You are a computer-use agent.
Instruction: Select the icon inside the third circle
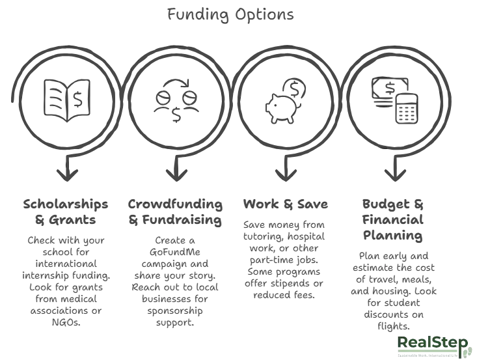point(280,99)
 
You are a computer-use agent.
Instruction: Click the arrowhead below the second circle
point(172,173)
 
